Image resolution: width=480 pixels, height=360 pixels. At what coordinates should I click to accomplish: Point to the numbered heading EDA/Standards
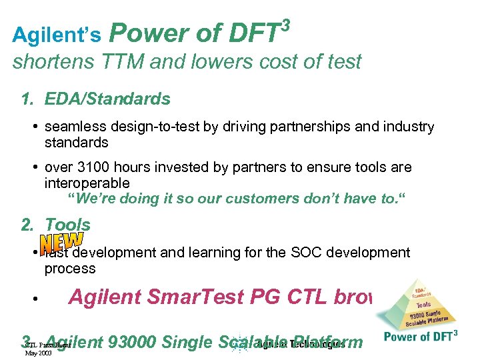pyautogui.click(x=107, y=99)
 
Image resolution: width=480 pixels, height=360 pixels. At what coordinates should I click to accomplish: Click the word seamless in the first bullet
pyautogui.click(x=73, y=127)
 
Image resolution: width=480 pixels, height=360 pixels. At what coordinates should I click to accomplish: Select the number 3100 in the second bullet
pyautogui.click(x=88, y=167)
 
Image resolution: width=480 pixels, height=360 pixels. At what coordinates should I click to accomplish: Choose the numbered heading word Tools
pyautogui.click(x=67, y=225)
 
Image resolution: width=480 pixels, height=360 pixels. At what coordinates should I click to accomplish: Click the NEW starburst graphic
pyautogui.click(x=61, y=242)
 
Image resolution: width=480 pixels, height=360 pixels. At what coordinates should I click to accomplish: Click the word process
pyautogui.click(x=70, y=269)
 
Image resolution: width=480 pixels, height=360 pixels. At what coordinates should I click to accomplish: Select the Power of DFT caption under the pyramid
pyautogui.click(x=421, y=337)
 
